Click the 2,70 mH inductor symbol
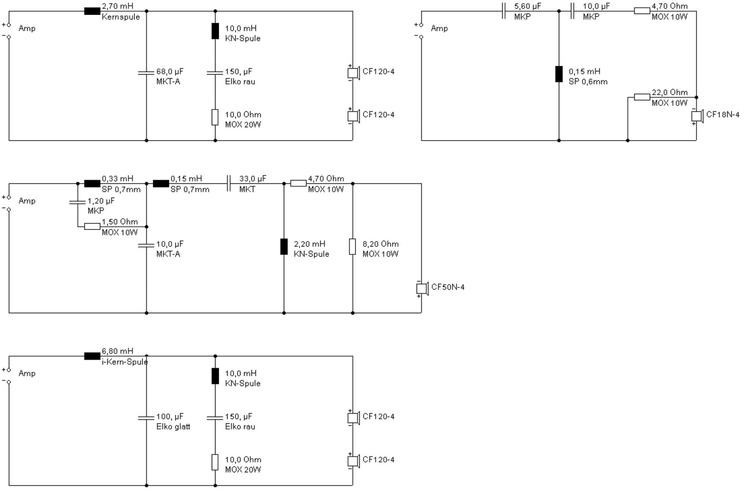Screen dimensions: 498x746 pos(92,11)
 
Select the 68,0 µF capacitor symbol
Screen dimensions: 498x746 pos(146,73)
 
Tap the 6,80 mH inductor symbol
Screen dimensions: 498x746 pos(92,356)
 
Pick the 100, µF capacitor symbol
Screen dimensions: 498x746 pos(146,417)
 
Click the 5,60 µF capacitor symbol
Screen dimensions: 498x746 pos(504,11)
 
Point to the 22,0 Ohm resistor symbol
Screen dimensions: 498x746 pos(642,97)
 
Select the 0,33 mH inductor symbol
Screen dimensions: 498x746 pos(92,184)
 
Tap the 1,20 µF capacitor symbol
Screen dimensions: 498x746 pos(78,202)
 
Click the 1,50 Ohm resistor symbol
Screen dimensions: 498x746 pos(92,226)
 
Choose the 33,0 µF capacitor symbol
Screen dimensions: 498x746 pos(229,184)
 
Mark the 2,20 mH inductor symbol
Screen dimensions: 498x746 pos(284,246)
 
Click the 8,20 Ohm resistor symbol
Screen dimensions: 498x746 pos(353,246)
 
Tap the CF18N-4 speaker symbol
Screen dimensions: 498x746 pos(697,116)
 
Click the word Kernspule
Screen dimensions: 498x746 pos(121,17)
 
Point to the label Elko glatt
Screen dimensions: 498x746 pos(173,427)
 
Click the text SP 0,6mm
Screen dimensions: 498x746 pos(588,82)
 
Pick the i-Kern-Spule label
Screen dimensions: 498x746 pos(125,362)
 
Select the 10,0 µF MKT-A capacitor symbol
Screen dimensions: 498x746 pos(146,245)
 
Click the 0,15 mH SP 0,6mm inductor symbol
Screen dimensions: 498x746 pos(559,74)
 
